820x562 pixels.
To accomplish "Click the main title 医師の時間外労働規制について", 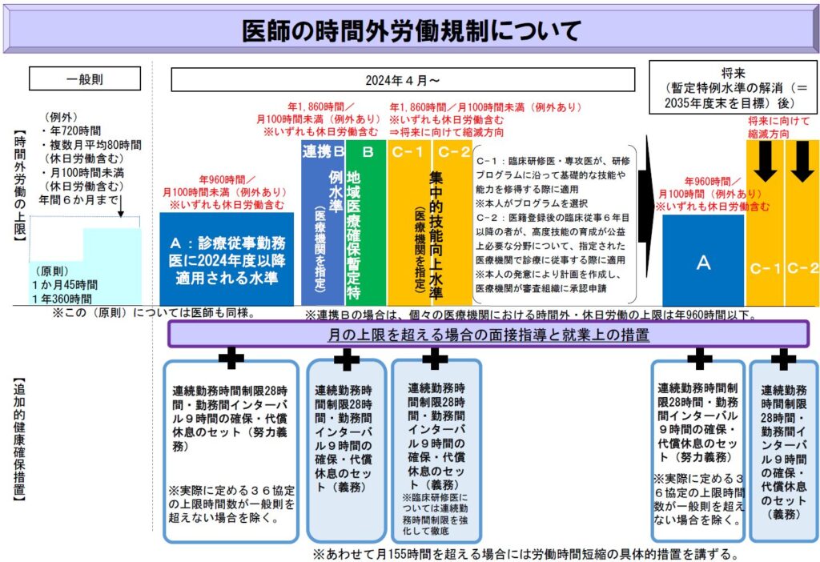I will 410,31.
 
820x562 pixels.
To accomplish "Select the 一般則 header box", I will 85,78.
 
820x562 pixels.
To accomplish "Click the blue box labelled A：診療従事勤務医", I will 227,259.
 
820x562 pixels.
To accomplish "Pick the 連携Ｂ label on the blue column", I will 323,151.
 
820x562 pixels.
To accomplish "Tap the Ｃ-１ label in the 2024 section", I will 408,151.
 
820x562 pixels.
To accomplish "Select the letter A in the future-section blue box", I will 703,263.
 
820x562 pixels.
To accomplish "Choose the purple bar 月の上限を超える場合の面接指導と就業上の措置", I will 488,335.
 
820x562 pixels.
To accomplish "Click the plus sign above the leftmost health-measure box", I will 231,358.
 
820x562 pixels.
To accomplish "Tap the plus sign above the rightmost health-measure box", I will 783,358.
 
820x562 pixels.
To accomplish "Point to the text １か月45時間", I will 66,284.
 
